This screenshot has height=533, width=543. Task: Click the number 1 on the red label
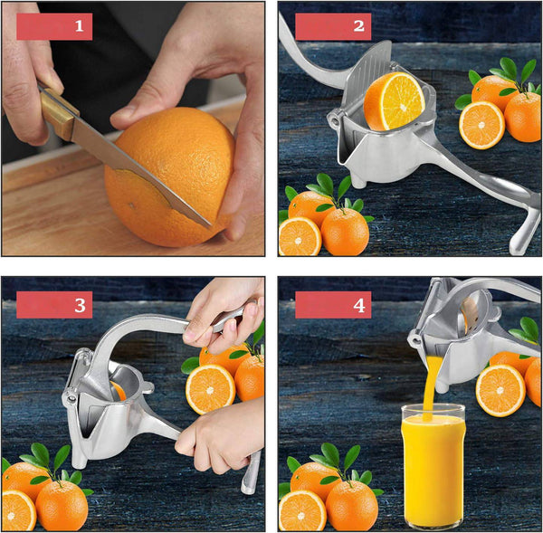tap(80, 26)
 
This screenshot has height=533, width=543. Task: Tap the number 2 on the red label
tap(358, 26)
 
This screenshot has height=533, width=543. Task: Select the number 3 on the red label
tap(80, 305)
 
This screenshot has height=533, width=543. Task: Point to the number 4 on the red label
tap(358, 306)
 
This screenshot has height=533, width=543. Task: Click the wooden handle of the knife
tap(58, 111)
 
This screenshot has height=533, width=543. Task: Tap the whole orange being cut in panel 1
tap(170, 176)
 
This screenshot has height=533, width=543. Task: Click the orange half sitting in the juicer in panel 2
tap(394, 101)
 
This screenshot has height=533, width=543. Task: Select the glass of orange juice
tap(433, 468)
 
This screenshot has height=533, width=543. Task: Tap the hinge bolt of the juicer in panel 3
tap(71, 399)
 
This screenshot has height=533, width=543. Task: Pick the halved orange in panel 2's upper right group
tap(481, 125)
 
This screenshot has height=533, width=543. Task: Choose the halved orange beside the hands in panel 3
tap(210, 389)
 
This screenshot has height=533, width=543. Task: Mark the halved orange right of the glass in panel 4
tap(500, 391)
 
